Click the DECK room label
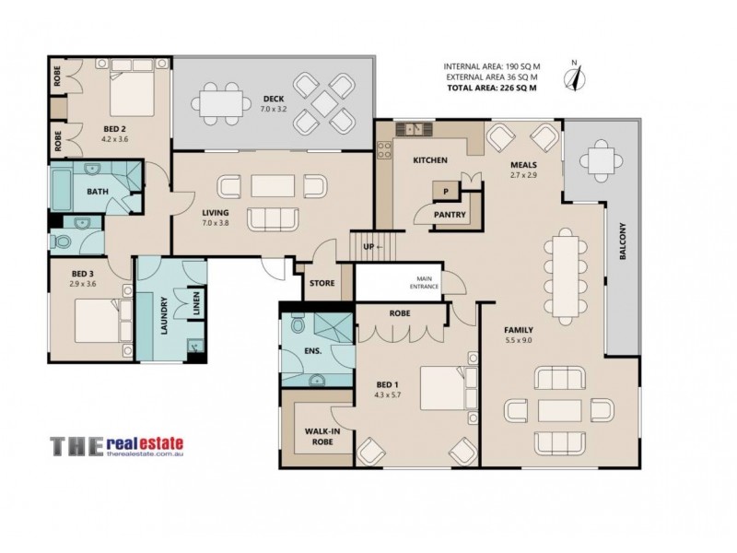point(274,99)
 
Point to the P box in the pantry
point(446,192)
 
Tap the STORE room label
point(322,284)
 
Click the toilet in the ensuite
point(297,326)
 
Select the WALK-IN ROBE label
point(318,436)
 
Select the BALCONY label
point(624,267)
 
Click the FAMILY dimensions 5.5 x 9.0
point(519,340)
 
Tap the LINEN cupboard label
point(196,305)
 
